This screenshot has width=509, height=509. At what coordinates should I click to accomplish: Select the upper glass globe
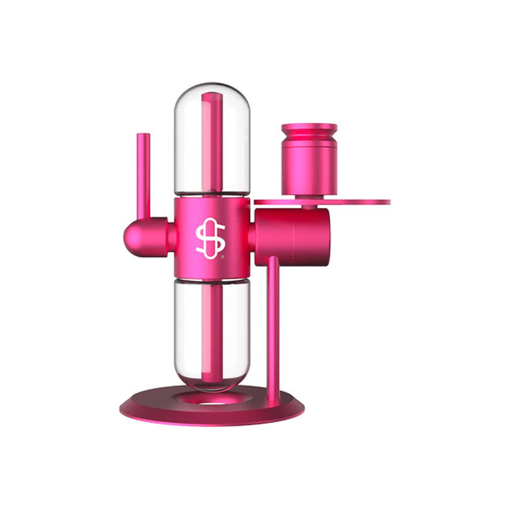(191, 141)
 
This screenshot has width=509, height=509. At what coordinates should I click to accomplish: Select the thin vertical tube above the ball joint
(142, 177)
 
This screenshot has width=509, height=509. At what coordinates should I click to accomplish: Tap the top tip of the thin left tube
(142, 136)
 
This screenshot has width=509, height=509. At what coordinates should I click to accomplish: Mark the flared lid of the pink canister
(308, 131)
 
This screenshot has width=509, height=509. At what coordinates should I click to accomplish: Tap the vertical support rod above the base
(272, 318)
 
